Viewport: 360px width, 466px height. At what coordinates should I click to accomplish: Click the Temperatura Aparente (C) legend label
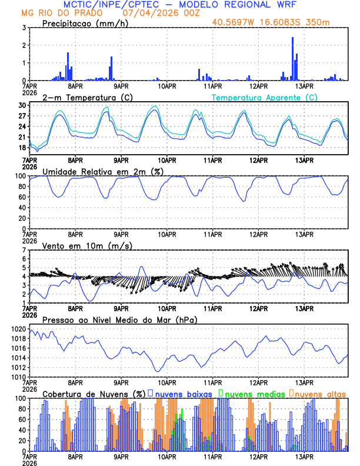(264, 97)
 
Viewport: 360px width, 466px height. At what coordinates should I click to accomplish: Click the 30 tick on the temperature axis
(22, 105)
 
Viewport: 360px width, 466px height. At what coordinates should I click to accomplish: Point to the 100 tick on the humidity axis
(20, 176)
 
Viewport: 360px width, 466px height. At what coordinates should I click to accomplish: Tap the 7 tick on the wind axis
(24, 250)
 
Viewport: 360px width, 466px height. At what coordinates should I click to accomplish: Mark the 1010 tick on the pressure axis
(18, 377)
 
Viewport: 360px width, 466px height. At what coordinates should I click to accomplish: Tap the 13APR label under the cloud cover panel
(304, 456)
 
